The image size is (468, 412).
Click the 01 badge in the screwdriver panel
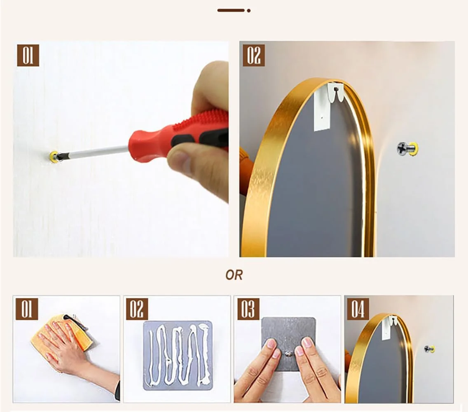(x=28, y=56)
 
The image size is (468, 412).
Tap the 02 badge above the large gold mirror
(x=253, y=56)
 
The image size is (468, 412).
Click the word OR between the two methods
(x=234, y=275)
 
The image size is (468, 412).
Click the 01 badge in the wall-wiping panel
(x=27, y=309)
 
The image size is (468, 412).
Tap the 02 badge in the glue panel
(x=137, y=309)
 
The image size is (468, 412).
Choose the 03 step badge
(x=248, y=309)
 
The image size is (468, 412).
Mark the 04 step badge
(x=358, y=309)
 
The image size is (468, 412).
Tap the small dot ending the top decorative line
(x=248, y=11)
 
